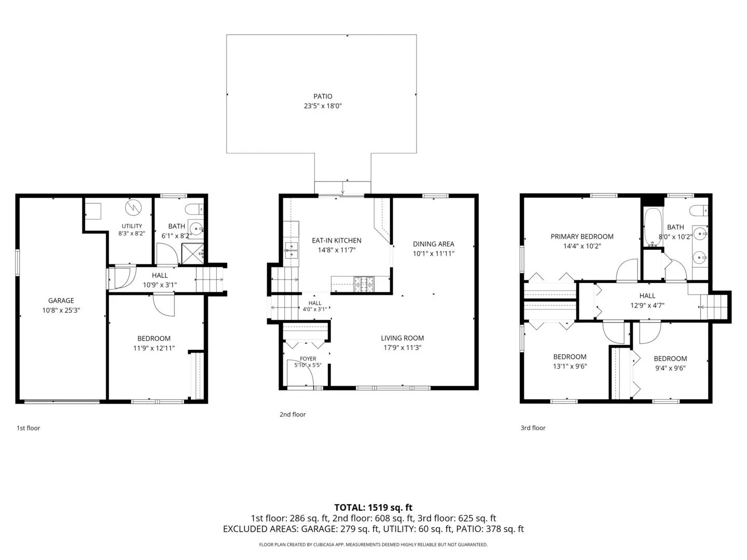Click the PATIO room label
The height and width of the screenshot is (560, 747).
tap(323, 96)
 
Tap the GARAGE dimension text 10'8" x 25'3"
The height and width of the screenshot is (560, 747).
tap(61, 310)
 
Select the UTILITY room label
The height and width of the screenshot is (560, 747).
tap(132, 226)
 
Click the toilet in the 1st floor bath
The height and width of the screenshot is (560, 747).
tap(194, 209)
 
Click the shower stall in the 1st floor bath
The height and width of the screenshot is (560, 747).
tap(192, 254)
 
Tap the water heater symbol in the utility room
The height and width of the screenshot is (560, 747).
tap(133, 207)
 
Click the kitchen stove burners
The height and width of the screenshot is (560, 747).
tap(364, 285)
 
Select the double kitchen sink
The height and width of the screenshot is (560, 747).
tap(292, 250)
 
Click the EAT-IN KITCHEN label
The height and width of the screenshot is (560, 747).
tap(337, 241)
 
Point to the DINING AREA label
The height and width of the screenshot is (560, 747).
tap(433, 244)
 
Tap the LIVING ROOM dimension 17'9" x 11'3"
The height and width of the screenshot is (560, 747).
tap(402, 347)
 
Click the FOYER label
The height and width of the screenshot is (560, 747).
tap(308, 359)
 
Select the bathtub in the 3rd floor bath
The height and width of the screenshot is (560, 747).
tap(653, 227)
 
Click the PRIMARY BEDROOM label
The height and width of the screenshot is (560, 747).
tap(582, 236)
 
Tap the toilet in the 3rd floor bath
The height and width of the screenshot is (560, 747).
tap(699, 211)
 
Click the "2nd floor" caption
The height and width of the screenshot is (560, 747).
tap(293, 414)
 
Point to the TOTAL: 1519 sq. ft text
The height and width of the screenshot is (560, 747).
tap(373, 508)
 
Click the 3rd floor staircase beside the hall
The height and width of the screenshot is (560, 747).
tap(714, 307)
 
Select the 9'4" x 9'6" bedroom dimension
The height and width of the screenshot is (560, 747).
tap(670, 368)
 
